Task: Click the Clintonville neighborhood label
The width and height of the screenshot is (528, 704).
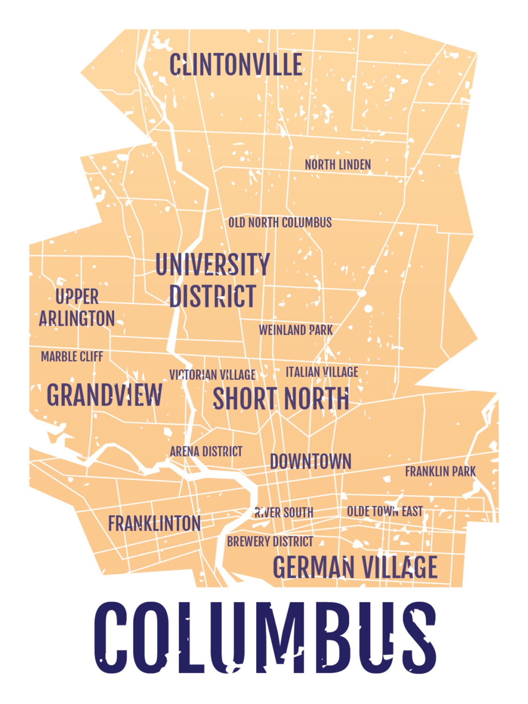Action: click(x=236, y=65)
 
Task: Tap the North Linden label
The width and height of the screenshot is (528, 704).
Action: click(x=337, y=165)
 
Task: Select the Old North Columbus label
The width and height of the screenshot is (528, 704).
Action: click(x=280, y=222)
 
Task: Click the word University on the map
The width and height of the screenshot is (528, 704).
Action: click(x=212, y=264)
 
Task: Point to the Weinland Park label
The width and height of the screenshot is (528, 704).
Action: click(x=296, y=330)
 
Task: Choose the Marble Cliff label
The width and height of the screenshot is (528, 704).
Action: click(x=72, y=356)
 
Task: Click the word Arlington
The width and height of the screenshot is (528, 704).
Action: click(x=77, y=319)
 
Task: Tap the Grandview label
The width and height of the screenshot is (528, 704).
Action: click(x=104, y=395)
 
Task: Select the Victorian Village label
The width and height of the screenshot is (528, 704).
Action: click(x=212, y=375)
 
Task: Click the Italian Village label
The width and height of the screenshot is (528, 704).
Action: click(x=322, y=372)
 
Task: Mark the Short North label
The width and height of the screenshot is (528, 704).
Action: click(x=281, y=398)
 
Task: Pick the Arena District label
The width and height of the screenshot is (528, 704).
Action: click(x=206, y=452)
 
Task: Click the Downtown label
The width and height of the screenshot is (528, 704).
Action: click(x=311, y=462)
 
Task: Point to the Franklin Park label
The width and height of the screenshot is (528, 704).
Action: click(x=440, y=472)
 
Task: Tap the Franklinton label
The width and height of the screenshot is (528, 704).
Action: click(x=155, y=523)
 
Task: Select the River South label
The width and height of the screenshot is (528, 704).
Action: click(x=284, y=512)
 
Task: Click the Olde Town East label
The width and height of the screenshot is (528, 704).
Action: click(x=385, y=511)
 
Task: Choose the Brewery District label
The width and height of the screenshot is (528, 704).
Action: click(x=270, y=541)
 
